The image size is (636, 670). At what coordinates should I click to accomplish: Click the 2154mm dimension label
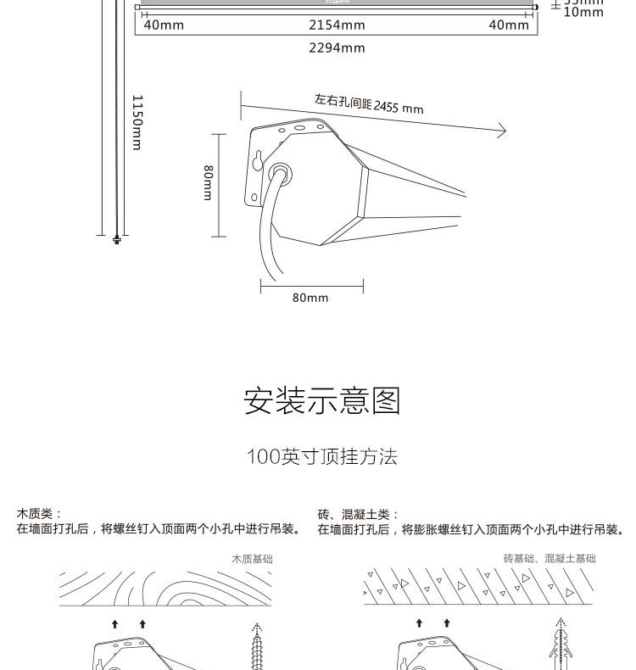(337, 25)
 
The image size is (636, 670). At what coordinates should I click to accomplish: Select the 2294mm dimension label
(337, 48)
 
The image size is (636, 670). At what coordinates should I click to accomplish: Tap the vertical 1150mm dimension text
(137, 122)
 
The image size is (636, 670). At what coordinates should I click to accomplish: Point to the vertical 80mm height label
(208, 182)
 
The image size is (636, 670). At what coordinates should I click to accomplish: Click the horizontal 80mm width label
(310, 299)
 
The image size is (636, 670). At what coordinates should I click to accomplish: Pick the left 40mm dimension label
(163, 25)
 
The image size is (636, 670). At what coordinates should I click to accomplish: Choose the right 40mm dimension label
(509, 25)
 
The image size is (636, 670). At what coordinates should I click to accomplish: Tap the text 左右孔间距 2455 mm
(369, 104)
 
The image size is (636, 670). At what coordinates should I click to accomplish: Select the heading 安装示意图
(321, 400)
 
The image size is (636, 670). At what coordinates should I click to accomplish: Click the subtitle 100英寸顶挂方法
(321, 457)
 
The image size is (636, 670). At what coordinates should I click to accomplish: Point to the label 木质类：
(39, 514)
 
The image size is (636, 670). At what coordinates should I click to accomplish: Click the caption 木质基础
(252, 559)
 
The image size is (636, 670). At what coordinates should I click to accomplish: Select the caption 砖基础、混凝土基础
(549, 559)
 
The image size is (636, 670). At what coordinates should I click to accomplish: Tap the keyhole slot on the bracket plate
(257, 161)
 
